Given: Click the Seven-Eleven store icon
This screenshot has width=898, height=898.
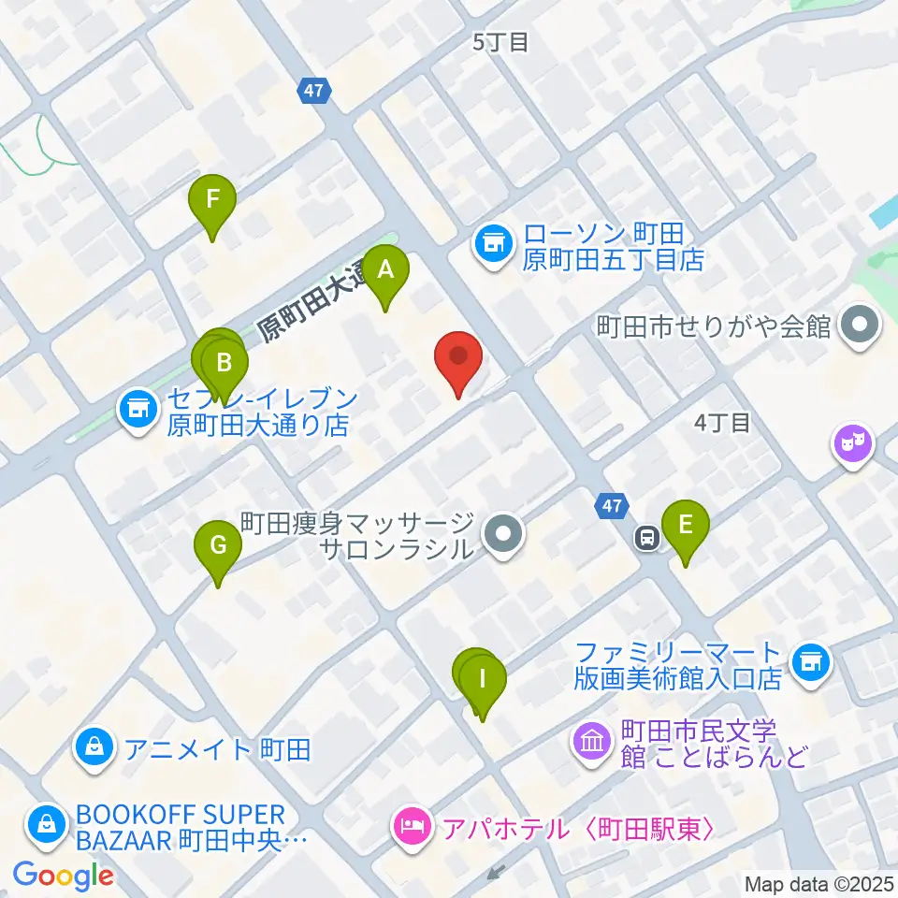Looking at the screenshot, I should pyautogui.click(x=138, y=408).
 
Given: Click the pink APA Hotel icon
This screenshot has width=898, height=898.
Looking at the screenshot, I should pyautogui.click(x=411, y=828).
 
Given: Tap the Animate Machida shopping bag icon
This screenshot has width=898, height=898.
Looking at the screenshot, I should pyautogui.click(x=94, y=746).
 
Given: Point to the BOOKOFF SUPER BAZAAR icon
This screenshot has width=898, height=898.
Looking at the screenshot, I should pyautogui.click(x=45, y=824).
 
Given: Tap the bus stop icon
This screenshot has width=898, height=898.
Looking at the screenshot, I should pyautogui.click(x=645, y=537).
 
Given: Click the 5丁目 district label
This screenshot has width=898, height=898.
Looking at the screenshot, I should pyautogui.click(x=501, y=41).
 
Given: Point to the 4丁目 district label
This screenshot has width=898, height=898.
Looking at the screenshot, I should pyautogui.click(x=722, y=422).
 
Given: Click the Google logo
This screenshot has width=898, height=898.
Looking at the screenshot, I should pyautogui.click(x=64, y=876).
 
